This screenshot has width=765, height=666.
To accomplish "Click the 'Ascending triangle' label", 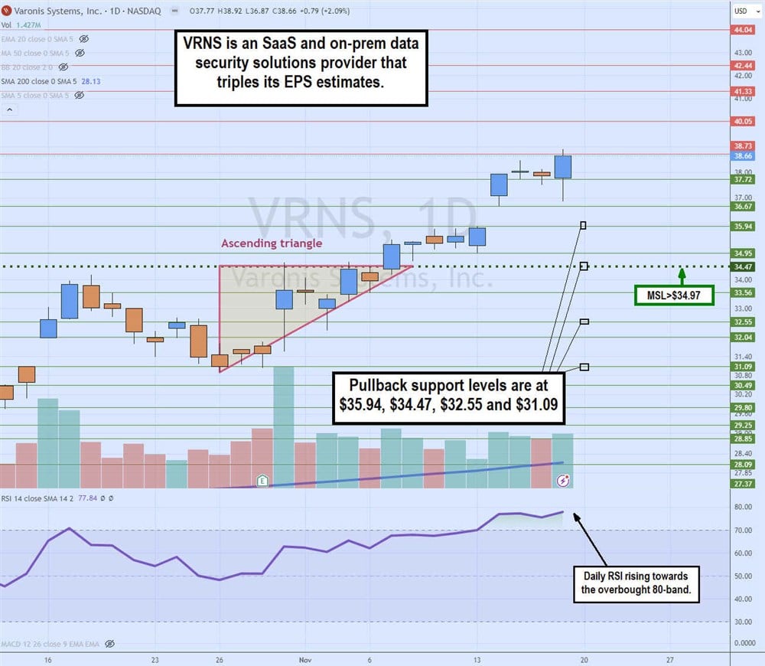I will pyautogui.click(x=272, y=243).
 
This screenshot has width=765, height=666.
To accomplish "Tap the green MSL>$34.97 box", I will pyautogui.click(x=674, y=295).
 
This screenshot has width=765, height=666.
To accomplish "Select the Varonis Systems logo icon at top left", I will pyautogui.click(x=6, y=11).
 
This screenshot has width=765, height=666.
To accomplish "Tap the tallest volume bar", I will pyautogui.click(x=284, y=426).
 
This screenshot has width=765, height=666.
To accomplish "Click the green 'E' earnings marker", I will pyautogui.click(x=262, y=481).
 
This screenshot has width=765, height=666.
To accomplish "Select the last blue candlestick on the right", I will pyautogui.click(x=563, y=167).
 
